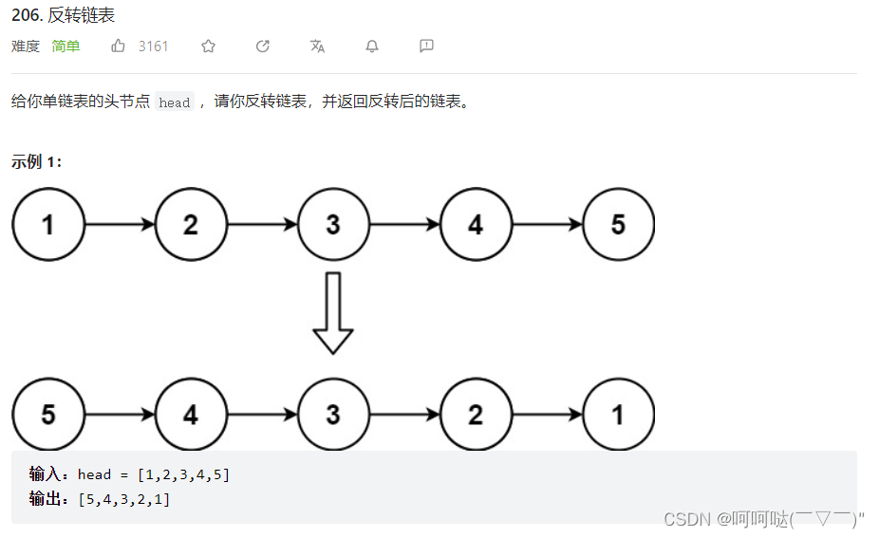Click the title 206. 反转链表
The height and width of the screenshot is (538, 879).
click(x=64, y=15)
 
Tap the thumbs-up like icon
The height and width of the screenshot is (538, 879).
click(x=119, y=46)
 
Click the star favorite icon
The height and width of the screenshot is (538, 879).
click(x=209, y=46)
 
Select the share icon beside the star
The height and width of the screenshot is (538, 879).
click(x=263, y=46)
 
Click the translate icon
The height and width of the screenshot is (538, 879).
click(x=318, y=46)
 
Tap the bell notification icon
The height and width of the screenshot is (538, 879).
click(x=372, y=46)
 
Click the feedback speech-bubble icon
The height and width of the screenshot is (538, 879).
click(x=426, y=46)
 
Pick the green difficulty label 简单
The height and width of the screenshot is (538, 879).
click(x=66, y=46)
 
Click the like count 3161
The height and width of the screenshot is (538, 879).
click(x=153, y=46)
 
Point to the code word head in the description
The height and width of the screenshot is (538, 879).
click(x=175, y=102)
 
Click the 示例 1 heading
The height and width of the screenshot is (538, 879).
click(x=36, y=161)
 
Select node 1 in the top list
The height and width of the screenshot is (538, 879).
click(x=48, y=225)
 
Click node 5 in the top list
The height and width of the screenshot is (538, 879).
click(x=619, y=225)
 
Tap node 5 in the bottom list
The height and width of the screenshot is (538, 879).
click(x=48, y=414)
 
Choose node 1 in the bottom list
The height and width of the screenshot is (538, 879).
click(x=619, y=414)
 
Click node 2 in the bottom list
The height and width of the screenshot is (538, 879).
click(x=476, y=414)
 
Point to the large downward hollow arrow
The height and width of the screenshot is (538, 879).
click(x=333, y=313)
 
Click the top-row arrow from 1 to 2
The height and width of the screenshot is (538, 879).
click(x=120, y=225)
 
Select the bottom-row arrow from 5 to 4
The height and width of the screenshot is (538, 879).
click(x=120, y=415)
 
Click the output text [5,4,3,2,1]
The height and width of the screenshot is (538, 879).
click(x=124, y=498)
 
